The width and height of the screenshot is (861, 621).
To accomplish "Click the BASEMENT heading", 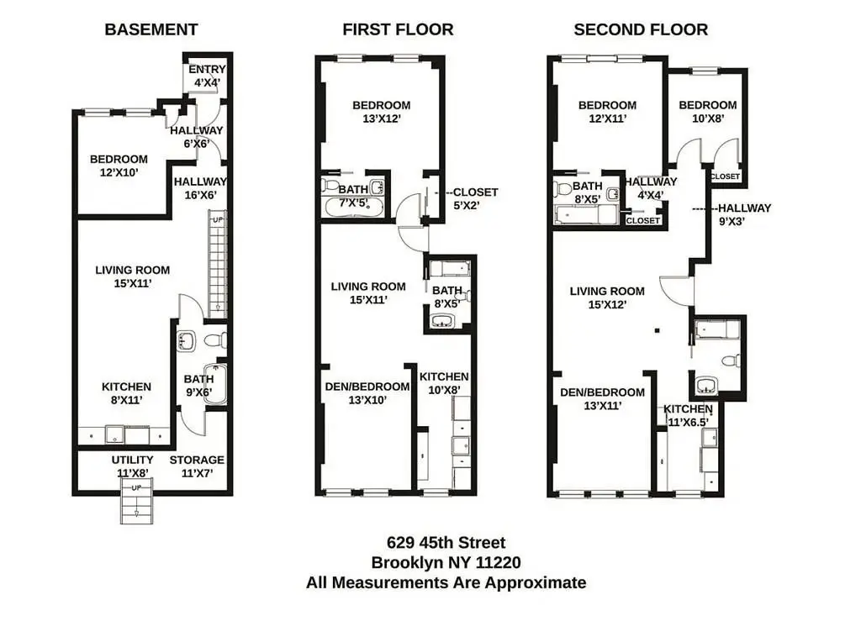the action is click(x=151, y=29).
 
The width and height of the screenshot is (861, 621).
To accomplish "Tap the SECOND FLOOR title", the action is click(x=641, y=29).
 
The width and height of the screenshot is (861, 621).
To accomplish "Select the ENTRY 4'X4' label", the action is click(x=207, y=76).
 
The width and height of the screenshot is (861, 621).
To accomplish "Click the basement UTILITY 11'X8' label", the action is click(x=132, y=466).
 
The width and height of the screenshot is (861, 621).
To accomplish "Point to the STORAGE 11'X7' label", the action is click(x=197, y=466).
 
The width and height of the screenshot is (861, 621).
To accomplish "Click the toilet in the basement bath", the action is click(x=216, y=340).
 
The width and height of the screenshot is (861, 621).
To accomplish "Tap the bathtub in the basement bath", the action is click(x=215, y=385).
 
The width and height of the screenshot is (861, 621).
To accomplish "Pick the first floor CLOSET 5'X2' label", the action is click(x=476, y=198).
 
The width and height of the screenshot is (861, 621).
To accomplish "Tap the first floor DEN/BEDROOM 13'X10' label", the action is click(x=367, y=393).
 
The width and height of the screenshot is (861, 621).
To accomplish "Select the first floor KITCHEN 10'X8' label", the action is click(x=444, y=383).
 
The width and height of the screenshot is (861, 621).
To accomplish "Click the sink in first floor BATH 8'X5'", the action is click(x=441, y=321).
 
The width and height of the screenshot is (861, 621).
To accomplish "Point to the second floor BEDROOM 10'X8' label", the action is click(x=708, y=112).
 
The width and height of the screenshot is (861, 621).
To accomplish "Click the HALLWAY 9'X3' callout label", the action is click(x=745, y=214).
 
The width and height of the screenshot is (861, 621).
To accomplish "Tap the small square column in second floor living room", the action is click(x=657, y=330).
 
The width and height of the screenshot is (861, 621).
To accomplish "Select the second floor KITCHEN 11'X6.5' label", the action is click(x=688, y=415).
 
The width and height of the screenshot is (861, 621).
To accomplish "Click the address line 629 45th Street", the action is click(x=446, y=543).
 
